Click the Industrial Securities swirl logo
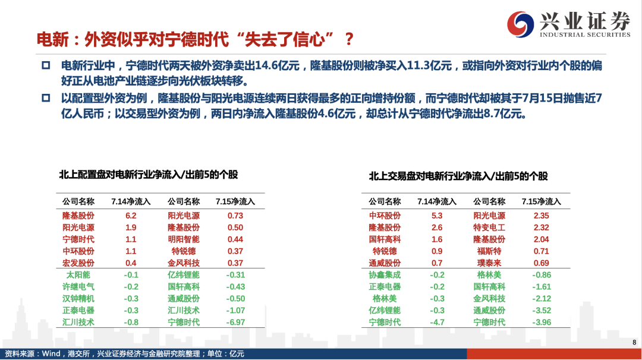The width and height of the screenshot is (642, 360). [x=520, y=24]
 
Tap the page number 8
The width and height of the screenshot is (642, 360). [x=634, y=342]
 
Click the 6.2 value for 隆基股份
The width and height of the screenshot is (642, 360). [x=131, y=216]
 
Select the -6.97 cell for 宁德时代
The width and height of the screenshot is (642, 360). [x=235, y=323]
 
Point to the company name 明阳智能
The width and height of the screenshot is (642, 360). [x=184, y=239]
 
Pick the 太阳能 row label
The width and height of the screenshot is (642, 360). [x=78, y=275]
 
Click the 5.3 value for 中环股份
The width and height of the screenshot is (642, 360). [x=437, y=216]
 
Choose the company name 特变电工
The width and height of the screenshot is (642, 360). [x=489, y=228]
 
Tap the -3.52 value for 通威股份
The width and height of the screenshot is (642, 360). [x=542, y=311]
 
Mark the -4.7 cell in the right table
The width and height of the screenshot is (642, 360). [x=437, y=323]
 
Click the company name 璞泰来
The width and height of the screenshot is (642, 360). [x=489, y=263]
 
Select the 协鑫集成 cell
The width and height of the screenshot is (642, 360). [x=385, y=275]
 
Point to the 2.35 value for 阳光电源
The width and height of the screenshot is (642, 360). [x=542, y=216]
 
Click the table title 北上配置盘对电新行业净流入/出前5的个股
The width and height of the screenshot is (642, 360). [x=148, y=175]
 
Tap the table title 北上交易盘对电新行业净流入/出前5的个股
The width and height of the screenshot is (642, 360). [x=458, y=176]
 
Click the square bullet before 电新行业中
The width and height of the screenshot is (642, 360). [x=46, y=65]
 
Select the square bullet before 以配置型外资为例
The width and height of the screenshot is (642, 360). [x=46, y=98]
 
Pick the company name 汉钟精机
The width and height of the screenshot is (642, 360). [x=78, y=299]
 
